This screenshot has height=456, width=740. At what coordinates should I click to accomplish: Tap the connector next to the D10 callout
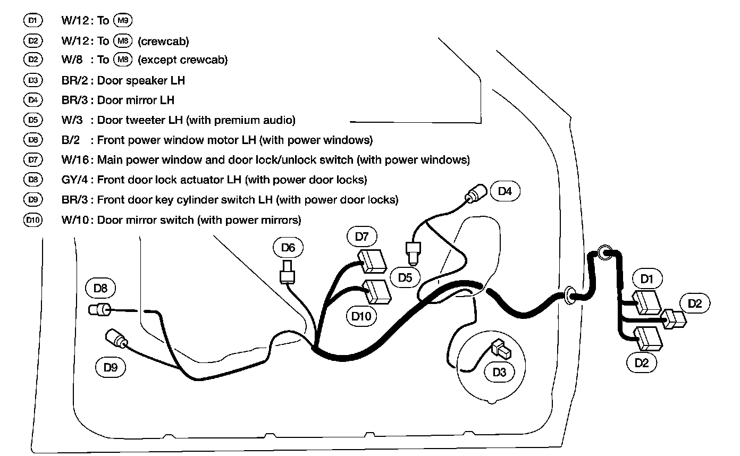pyautogui.click(x=376, y=292)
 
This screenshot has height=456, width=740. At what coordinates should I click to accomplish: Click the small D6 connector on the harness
pyautogui.click(x=287, y=272)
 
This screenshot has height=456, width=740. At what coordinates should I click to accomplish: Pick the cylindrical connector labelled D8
pyautogui.click(x=100, y=309)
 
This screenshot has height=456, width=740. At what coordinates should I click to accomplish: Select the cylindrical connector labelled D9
pyautogui.click(x=116, y=339)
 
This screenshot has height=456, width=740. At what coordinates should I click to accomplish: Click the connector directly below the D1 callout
pyautogui.click(x=646, y=302)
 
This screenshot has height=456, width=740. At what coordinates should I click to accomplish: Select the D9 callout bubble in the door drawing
pyautogui.click(x=110, y=367)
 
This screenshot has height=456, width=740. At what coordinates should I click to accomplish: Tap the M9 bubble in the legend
pyautogui.click(x=123, y=21)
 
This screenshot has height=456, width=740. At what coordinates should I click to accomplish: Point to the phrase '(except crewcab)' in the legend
pyautogui.click(x=182, y=60)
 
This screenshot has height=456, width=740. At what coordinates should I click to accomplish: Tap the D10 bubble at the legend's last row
pyautogui.click(x=32, y=219)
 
